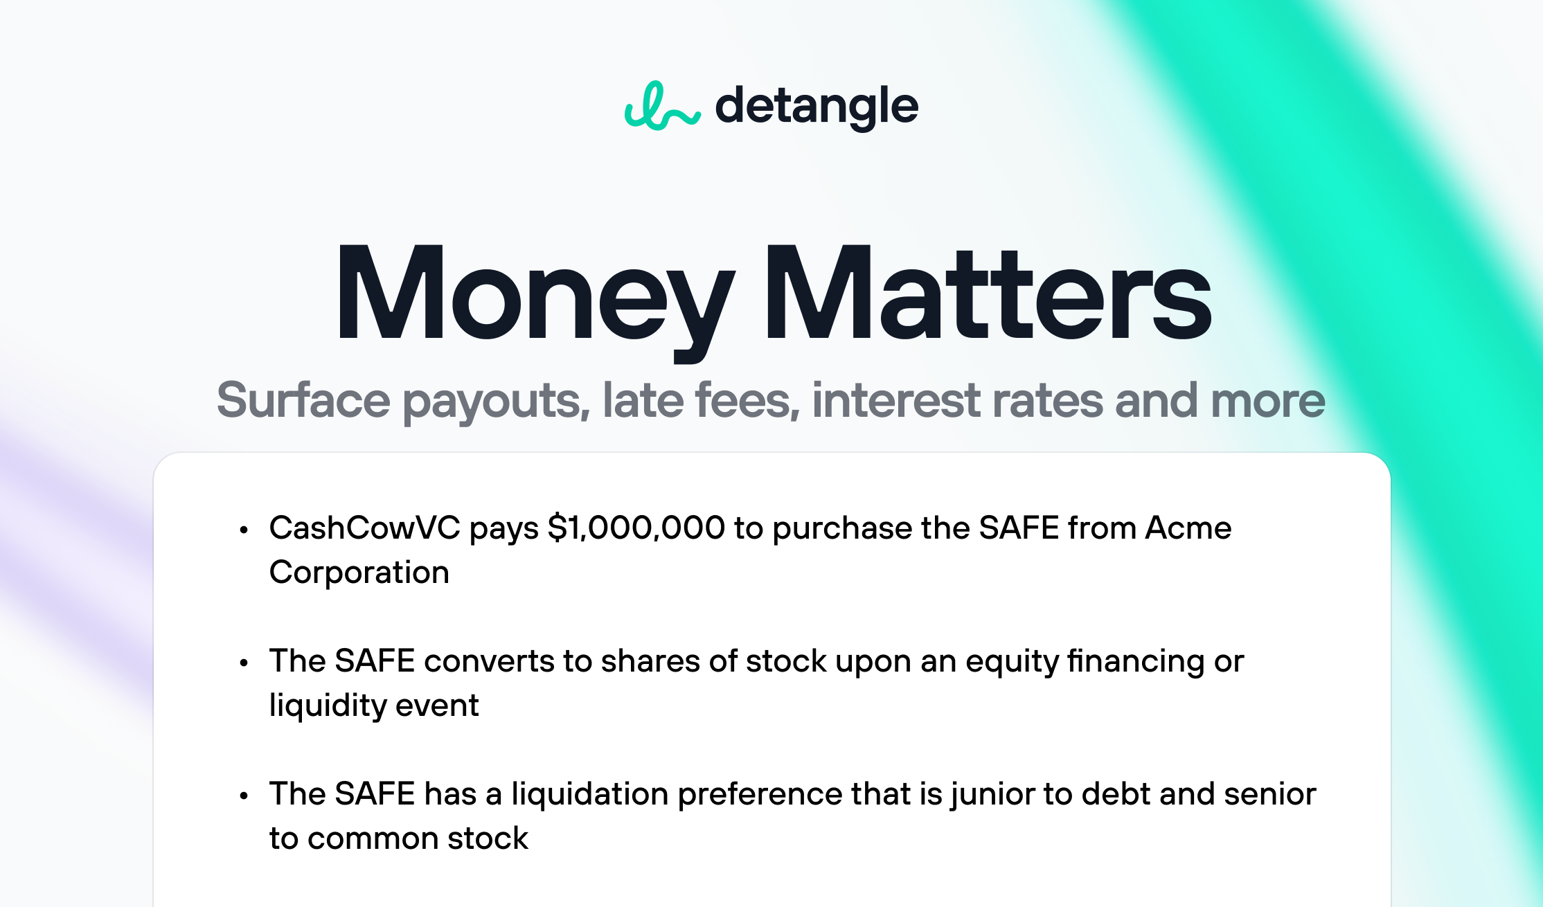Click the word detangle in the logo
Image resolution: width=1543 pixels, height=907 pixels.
(x=817, y=107)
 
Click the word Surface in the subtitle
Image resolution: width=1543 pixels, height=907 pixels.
(x=303, y=400)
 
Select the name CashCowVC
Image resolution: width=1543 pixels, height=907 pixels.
(x=365, y=528)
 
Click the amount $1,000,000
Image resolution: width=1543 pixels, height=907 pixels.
(x=636, y=528)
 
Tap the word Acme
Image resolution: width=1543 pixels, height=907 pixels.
(x=1188, y=528)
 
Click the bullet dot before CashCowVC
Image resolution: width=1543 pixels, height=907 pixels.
(x=243, y=530)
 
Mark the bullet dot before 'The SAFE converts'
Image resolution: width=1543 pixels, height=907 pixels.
(x=243, y=663)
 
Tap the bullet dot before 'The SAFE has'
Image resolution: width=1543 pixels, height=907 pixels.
(x=243, y=796)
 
